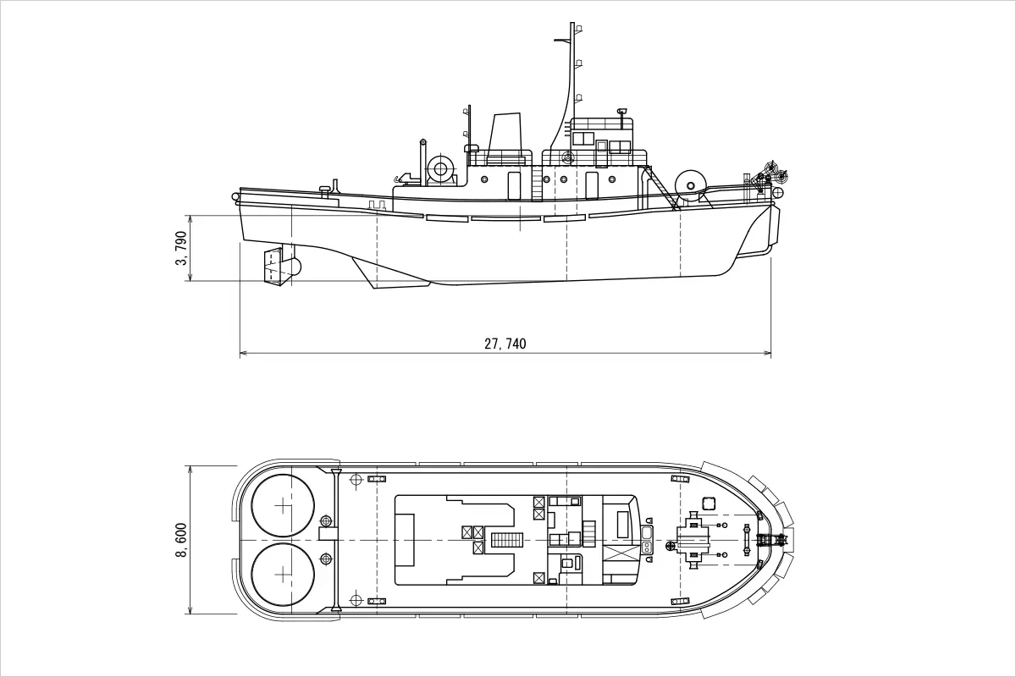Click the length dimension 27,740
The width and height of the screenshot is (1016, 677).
coord(505,344)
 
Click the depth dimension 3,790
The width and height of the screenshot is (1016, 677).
coord(180,249)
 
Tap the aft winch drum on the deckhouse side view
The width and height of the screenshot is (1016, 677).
coord(440,168)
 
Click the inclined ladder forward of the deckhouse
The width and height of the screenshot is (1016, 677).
coord(661,188)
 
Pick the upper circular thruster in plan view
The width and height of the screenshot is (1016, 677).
coord(283,505)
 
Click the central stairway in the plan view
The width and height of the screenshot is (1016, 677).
coord(508,540)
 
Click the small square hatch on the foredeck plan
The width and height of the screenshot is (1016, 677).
coord(708,503)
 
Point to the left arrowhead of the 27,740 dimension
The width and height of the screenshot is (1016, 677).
coord(242,352)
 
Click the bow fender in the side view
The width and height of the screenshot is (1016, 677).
coord(772,227)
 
